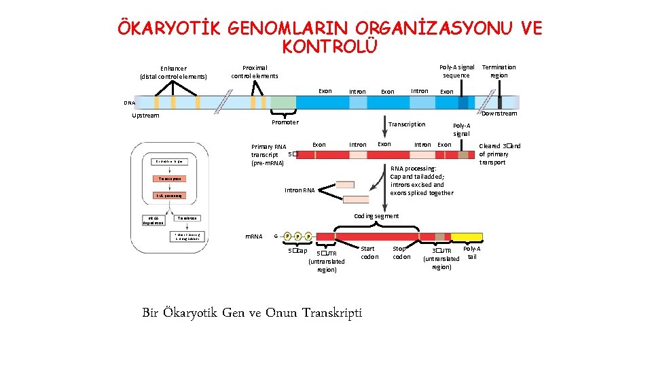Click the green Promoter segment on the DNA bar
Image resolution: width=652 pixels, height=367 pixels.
pos(283,103)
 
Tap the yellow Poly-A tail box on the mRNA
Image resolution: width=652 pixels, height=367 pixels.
pos(467,237)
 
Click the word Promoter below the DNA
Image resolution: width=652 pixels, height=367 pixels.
pos(285,122)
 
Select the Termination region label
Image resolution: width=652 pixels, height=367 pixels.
pos(499,71)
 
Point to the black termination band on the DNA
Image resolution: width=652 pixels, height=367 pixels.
pos(500,103)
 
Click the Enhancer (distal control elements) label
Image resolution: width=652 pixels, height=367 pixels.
pos(174,72)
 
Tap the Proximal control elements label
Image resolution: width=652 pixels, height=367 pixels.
pos(255,71)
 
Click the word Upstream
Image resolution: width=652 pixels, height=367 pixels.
pos(145,115)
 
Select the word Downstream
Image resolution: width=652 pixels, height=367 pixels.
pos(499,113)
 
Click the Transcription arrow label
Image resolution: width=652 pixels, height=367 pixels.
pos(407,124)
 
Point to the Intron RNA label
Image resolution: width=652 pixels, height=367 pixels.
pos(300,191)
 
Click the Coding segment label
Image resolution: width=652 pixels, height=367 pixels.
pos(377,216)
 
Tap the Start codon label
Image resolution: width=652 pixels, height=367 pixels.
pos(369,253)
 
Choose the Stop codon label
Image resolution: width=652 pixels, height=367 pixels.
pos(401,253)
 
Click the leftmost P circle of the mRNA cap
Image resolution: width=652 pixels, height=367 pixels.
pos(288,236)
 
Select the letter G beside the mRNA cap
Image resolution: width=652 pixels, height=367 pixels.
pos(274,236)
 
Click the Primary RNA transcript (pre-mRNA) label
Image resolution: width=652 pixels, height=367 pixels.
pos(269,155)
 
